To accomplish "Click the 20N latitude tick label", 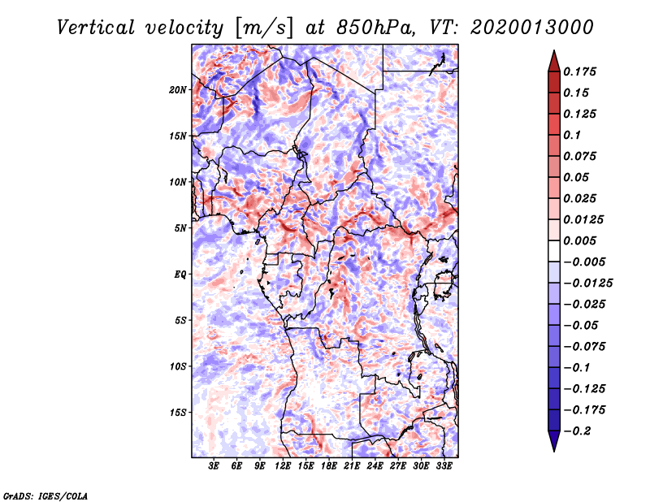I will coord(178,89).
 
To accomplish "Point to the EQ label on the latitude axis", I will coord(180,274).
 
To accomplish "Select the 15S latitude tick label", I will coord(178,413).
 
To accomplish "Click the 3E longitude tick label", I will coord(214,467).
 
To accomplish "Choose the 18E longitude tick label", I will coord(329,467).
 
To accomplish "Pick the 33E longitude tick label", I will coord(444,467).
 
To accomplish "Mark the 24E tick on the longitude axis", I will coord(375,467).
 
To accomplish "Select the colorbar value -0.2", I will coord(578,431).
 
